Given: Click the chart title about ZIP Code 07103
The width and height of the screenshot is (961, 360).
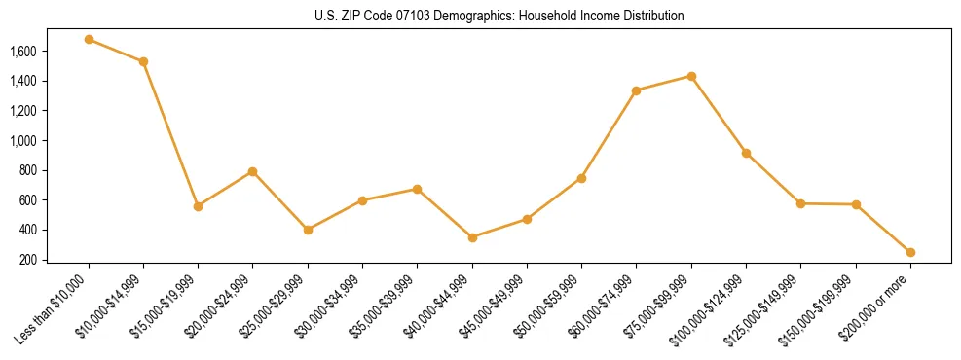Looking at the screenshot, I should point(499,17).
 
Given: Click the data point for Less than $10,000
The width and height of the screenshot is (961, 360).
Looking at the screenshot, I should point(89,40).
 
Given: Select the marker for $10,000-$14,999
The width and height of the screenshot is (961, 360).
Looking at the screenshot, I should point(143,61).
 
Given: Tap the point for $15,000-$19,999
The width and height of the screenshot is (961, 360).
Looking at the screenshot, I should point(198,206).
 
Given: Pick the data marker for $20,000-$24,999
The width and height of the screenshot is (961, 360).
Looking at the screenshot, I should point(253,171).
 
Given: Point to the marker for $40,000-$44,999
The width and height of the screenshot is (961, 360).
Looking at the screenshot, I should point(472,237).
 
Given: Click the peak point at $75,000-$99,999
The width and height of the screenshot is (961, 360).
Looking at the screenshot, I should point(691,76).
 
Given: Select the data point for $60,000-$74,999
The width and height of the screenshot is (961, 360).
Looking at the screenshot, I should point(637,90).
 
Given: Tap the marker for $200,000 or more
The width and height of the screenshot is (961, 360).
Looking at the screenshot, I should point(910,252).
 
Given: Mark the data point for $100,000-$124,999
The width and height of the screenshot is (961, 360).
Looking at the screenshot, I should point(746,153).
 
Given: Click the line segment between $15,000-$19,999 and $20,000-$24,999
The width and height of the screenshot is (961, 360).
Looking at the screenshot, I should point(225,189).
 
